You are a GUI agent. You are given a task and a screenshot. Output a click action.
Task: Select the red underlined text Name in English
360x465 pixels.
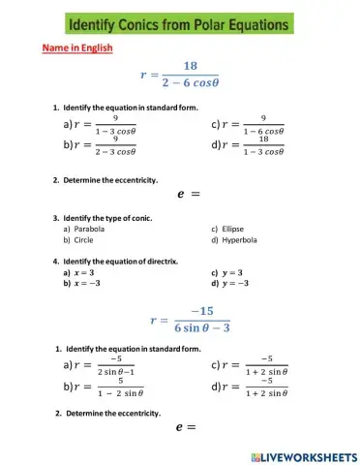pyautogui.click(x=76, y=48)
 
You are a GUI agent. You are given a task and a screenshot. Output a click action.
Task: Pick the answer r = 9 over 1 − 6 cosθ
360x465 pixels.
pyautogui.click(x=252, y=124)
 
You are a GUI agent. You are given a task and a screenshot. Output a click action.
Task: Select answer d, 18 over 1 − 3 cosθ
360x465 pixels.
pyautogui.click(x=252, y=145)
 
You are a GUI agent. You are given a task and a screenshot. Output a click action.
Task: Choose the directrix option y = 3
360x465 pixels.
pyautogui.click(x=233, y=273)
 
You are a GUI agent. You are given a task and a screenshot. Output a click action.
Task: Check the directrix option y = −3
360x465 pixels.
pyautogui.click(x=237, y=284)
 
